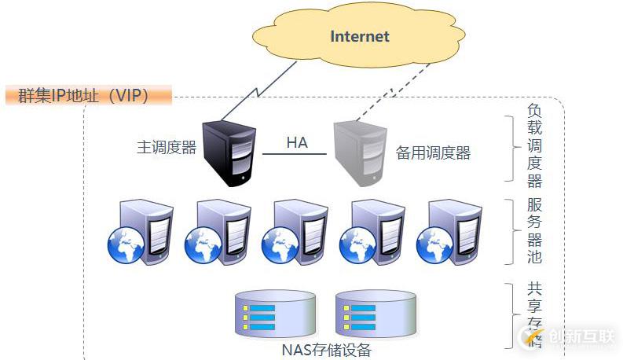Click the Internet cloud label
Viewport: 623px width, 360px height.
pos(360,37)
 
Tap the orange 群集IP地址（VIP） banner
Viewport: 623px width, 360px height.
pos(88,97)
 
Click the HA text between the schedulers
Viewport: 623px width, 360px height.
pos(296,143)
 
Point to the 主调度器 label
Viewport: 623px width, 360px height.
pos(167,148)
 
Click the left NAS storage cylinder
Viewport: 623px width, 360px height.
pos(275,314)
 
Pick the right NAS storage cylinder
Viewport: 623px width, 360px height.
pos(376,314)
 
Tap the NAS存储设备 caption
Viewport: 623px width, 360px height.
pos(325,350)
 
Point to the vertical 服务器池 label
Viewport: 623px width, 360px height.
pos(534,231)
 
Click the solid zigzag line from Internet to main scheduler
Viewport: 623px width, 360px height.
pos(259,90)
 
